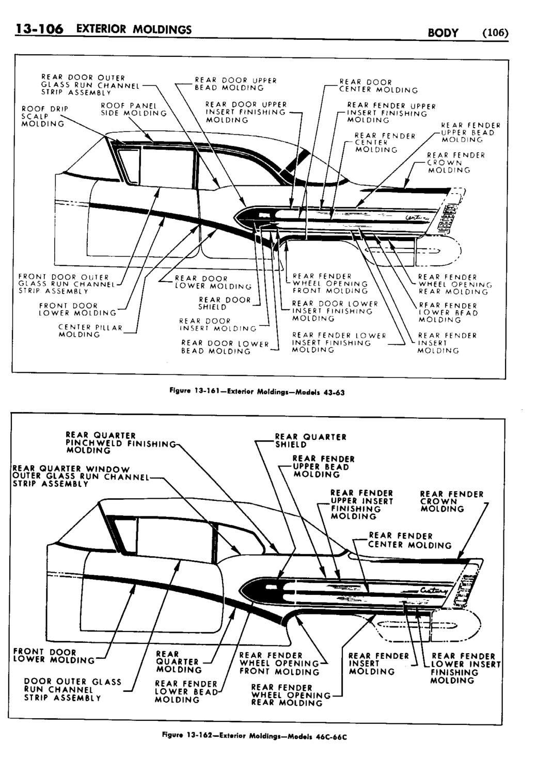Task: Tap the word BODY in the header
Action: click(443, 33)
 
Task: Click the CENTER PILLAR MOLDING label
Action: click(90, 330)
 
